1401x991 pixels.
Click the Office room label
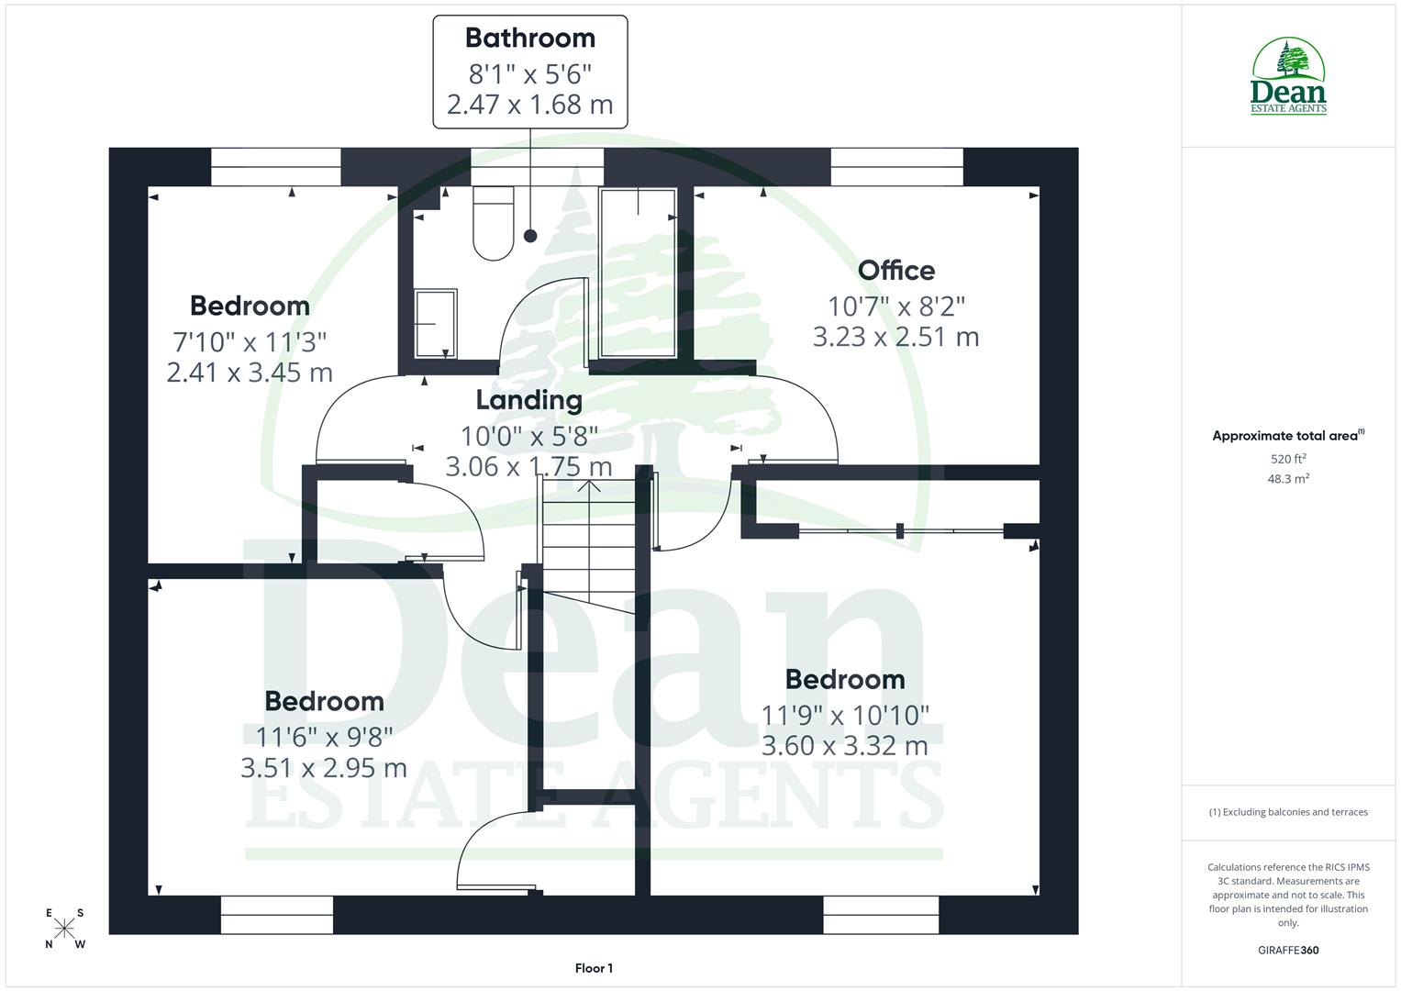pos(896,271)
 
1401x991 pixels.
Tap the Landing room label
pos(529,400)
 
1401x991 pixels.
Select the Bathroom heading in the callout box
pos(530,38)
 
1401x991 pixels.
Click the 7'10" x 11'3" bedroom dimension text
pos(250,342)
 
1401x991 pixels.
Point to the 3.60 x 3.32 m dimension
pos(845,746)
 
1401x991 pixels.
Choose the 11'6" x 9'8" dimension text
pos(324,737)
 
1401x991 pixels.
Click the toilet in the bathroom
pos(493,223)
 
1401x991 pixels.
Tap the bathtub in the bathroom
pos(638,272)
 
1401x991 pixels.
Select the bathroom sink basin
pos(435,323)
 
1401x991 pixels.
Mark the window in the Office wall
pos(896,167)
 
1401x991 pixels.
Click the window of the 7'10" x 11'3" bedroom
pos(275,167)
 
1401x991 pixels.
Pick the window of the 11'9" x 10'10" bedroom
pos(881,914)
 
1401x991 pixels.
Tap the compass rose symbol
pos(64,929)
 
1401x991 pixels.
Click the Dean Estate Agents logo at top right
pos(1289,77)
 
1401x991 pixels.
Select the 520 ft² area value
pos(1288,459)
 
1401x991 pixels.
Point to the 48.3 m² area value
pos(1288,479)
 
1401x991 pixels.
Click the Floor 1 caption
pos(594,968)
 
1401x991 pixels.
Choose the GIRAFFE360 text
pos(1288,951)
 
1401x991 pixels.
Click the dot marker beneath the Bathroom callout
pos(530,236)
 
